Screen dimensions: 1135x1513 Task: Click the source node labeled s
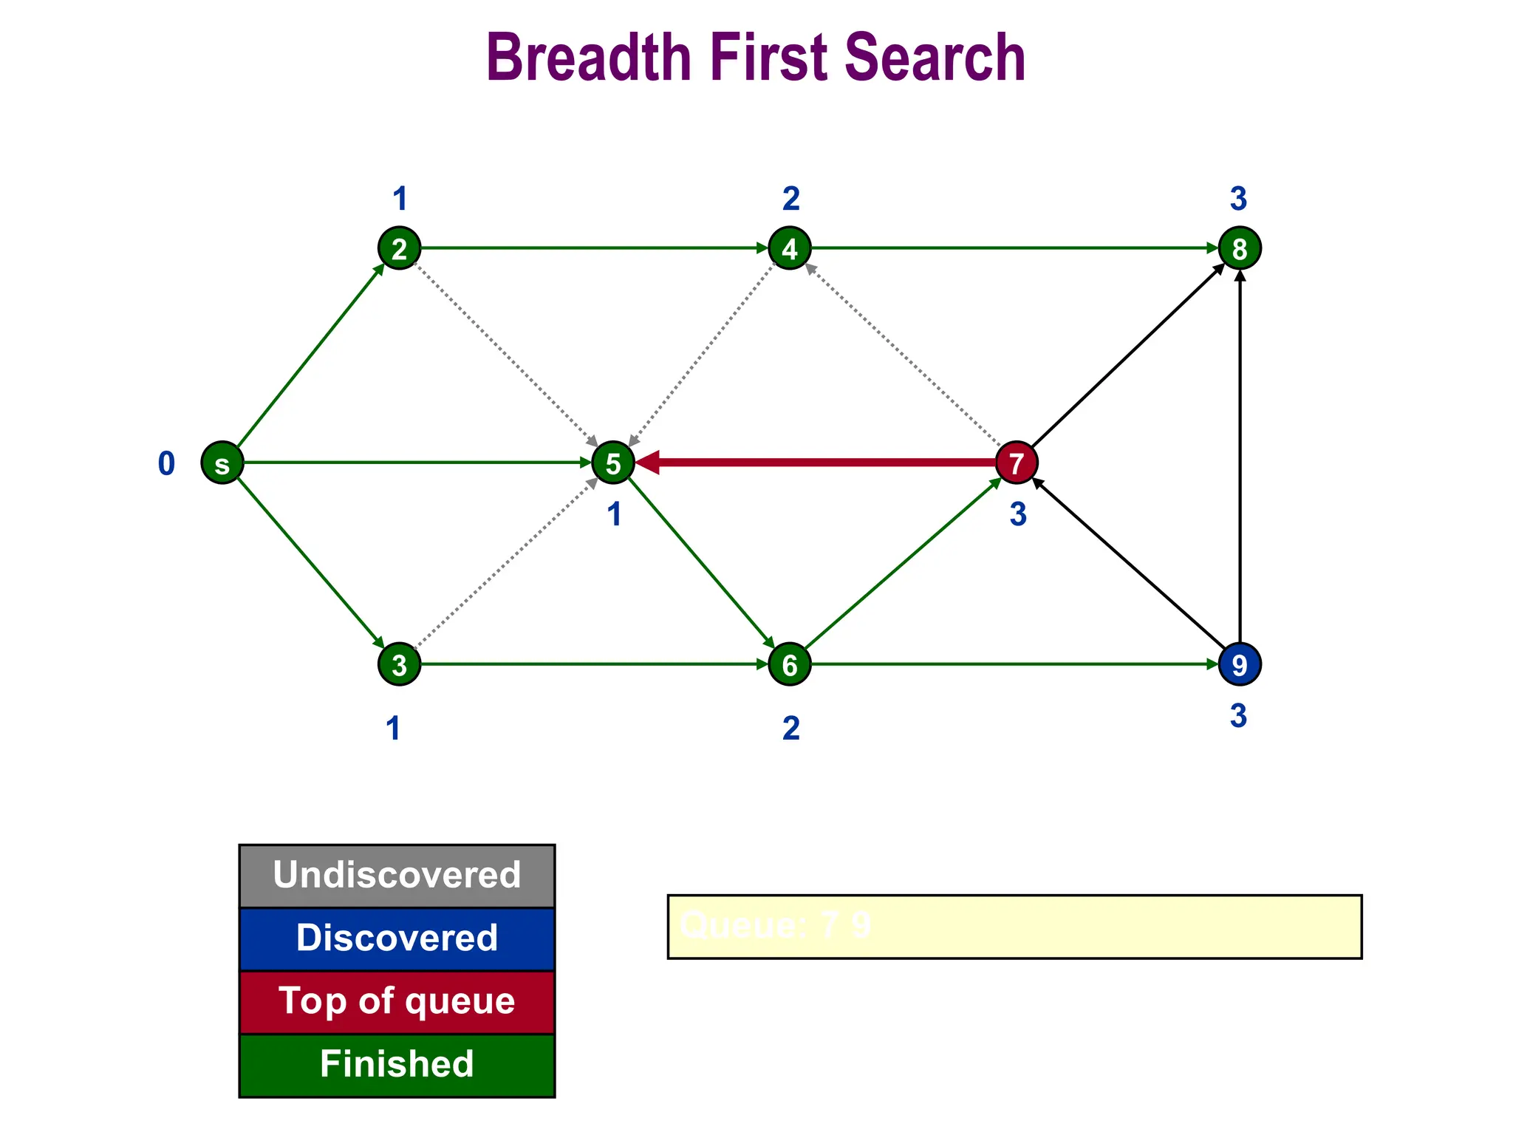[x=222, y=463]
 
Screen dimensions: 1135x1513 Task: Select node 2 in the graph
[x=399, y=248]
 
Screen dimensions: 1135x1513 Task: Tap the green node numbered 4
[x=790, y=248]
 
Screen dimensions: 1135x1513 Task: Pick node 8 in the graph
[x=1239, y=248]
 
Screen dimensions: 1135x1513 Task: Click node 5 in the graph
[x=613, y=463]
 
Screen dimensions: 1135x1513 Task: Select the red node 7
[x=1017, y=463]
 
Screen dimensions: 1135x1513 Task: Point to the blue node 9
[x=1239, y=664]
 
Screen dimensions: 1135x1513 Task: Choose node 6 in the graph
[x=790, y=664]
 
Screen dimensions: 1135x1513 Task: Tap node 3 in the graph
[x=399, y=664]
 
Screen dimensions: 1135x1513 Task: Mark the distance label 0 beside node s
[x=166, y=464]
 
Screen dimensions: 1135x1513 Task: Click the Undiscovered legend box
[x=397, y=876]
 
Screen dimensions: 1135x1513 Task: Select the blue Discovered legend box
[x=397, y=938]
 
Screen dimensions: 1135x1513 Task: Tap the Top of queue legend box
[x=397, y=1001]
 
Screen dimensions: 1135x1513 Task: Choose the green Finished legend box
[x=397, y=1065]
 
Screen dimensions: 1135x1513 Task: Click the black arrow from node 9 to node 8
[x=1240, y=458]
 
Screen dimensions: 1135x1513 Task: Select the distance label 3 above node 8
[x=1238, y=199]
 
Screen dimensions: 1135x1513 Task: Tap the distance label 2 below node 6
[x=790, y=729]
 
